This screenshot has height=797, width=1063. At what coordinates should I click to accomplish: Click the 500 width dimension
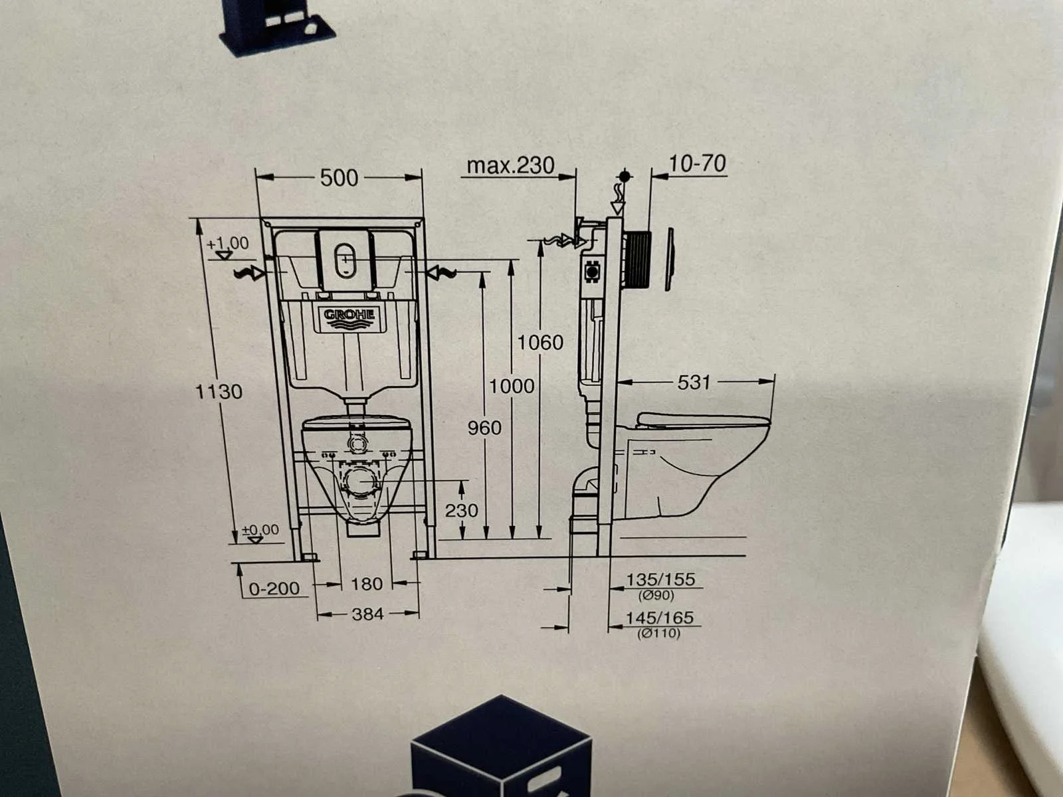339,178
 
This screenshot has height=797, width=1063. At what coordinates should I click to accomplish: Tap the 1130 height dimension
219,391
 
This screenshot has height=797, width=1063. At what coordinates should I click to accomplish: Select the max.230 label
510,166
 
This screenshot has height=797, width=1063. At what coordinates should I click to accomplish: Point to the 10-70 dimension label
698,164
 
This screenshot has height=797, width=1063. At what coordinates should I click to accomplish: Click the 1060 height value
540,343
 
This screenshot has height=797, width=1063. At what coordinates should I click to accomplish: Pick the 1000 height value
512,386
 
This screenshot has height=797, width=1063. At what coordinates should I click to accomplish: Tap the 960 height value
484,428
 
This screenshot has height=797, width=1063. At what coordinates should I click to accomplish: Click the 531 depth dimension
694,383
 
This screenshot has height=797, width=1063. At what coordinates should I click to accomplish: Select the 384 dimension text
367,614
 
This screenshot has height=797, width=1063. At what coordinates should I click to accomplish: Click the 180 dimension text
367,584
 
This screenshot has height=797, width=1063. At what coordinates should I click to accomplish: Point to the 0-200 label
274,588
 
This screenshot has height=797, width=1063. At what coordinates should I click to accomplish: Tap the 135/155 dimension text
660,579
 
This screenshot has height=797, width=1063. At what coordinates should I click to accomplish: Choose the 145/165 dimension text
660,618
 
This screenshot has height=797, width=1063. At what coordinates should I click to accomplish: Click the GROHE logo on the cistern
349,315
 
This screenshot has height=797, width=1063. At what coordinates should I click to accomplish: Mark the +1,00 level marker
228,247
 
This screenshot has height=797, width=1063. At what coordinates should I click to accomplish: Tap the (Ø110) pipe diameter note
658,633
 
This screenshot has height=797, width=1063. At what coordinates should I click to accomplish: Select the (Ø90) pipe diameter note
656,595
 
